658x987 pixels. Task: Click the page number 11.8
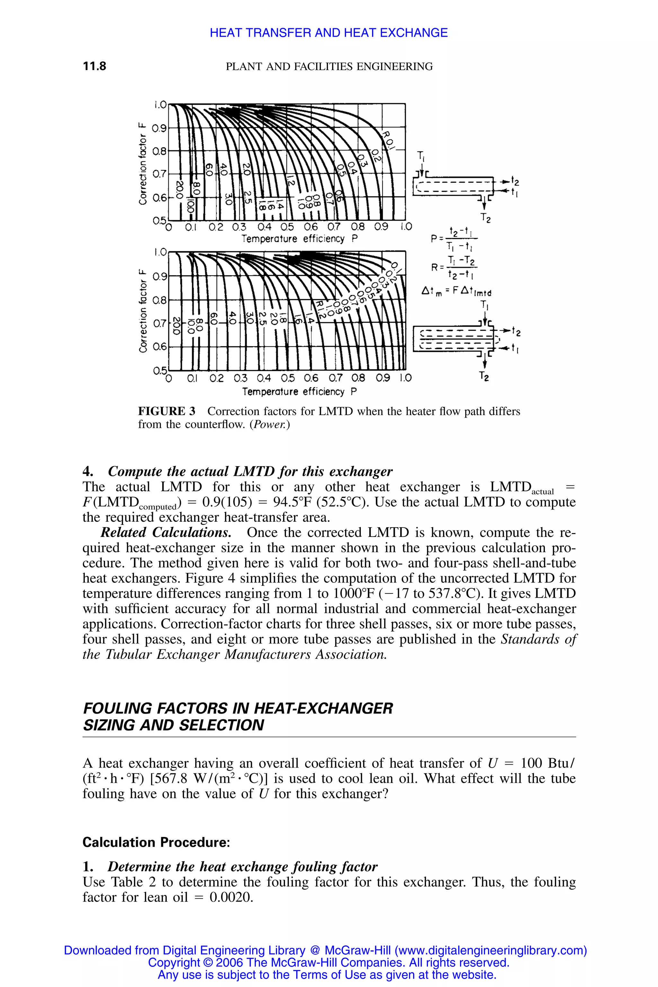pos(94,66)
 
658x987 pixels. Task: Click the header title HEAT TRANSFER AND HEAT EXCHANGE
pos(329,33)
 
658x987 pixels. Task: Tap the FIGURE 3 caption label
pos(167,411)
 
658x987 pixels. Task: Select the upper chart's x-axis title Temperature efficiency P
pos(299,239)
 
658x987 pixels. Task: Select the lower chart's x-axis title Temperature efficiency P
pos(299,392)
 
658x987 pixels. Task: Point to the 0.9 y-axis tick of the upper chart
pos(159,128)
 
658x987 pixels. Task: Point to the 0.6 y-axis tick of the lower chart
pos(159,347)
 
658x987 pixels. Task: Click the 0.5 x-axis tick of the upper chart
pos(287,227)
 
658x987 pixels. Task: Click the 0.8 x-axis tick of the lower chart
pos(359,378)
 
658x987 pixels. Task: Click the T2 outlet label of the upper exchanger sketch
pos(485,218)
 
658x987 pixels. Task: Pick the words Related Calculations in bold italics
pos(166,532)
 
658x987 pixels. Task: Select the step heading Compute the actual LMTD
pos(250,471)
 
